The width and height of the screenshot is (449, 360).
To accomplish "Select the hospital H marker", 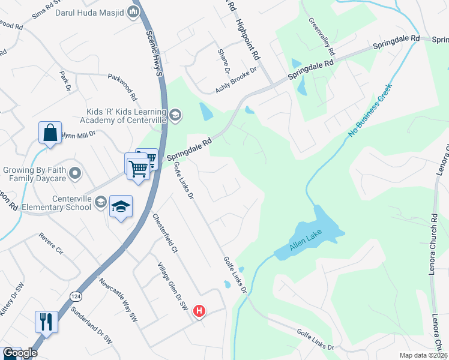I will pos(199,311).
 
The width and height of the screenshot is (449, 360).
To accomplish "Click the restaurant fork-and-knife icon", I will pos(46,321).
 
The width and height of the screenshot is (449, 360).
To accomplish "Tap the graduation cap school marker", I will pos(121,207).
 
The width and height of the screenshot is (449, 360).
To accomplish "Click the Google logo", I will pos(20,353).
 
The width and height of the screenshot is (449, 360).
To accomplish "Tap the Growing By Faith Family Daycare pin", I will pos(75,174).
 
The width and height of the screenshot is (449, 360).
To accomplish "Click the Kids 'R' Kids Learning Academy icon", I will pos(175,115).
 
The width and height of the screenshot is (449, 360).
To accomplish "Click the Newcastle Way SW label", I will pos(118,300).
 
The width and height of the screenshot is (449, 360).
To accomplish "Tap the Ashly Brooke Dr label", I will pos(236,80).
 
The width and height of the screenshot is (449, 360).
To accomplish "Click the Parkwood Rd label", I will pos(123,87).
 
